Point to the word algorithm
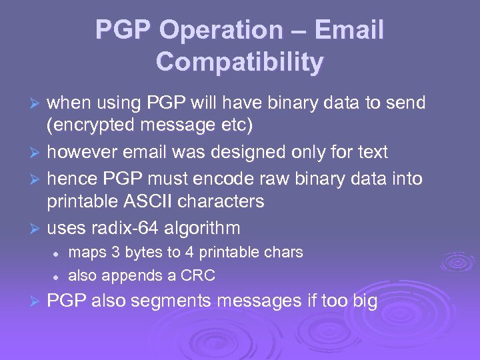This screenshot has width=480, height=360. point(205,228)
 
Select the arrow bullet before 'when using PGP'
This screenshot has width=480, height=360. point(37,103)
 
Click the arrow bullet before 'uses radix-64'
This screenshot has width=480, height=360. point(37,229)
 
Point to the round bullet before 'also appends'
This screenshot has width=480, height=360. point(58,276)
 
